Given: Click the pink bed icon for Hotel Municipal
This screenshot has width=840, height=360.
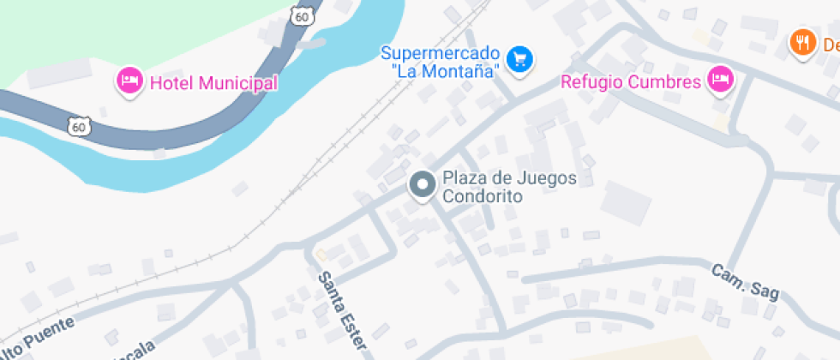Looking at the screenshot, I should click(x=129, y=82).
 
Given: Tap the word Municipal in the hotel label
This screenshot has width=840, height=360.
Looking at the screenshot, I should click(x=238, y=83).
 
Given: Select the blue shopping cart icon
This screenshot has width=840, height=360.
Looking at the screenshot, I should click(x=519, y=59).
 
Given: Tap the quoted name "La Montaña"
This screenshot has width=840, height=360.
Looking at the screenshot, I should click(x=445, y=72).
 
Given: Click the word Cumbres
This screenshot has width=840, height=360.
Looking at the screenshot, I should click(x=665, y=82).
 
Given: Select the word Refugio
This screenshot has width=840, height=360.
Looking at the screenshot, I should click(x=592, y=82).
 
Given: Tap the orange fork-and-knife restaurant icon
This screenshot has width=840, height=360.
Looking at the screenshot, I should click(x=802, y=41).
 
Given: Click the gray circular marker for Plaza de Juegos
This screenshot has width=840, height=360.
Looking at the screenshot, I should click(x=422, y=185).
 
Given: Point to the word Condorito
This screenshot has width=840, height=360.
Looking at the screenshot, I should click(x=483, y=195).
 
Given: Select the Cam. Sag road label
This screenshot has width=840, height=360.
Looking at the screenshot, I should click(x=745, y=281).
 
